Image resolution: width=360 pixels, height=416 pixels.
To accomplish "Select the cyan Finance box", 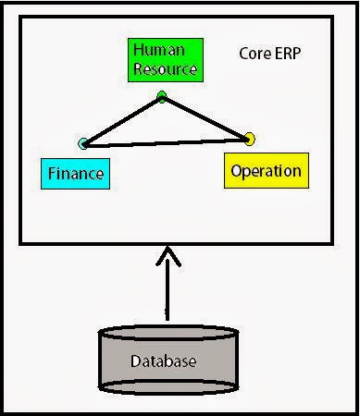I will tap(75, 172).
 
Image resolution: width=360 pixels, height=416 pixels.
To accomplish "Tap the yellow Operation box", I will tap(265, 171).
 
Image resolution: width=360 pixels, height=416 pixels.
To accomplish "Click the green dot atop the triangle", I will tap(162, 95).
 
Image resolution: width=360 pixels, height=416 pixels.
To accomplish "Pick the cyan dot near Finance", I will tap(84, 143).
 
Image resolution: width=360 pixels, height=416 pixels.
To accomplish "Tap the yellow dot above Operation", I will tap(248, 139).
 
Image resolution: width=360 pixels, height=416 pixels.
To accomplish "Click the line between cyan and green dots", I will tap(123, 119).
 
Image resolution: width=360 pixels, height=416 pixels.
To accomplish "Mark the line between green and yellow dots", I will tap(205, 116).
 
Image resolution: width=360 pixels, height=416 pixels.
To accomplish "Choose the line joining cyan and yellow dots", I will tap(167, 141).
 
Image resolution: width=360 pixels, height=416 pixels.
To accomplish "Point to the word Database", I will tap(164, 361).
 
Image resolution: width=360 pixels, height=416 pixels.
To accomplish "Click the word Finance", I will tap(75, 172).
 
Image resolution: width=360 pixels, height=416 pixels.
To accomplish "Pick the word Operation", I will tap(265, 171).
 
